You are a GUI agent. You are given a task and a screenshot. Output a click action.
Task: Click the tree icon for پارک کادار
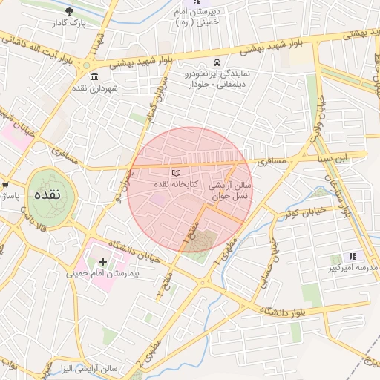[70, 11]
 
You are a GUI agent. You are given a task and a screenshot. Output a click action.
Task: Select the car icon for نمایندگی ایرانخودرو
[217, 62]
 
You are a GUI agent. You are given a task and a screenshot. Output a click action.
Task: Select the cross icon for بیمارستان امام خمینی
[102, 261]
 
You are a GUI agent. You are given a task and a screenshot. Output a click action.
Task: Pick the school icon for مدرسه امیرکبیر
[352, 256]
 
